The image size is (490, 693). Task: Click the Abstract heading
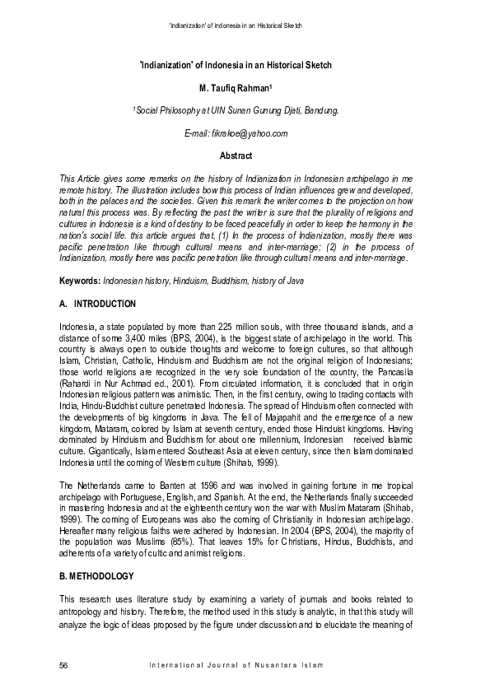tap(236, 156)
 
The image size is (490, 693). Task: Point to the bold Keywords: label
tap(80, 281)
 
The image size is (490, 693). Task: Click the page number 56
tap(64, 664)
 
